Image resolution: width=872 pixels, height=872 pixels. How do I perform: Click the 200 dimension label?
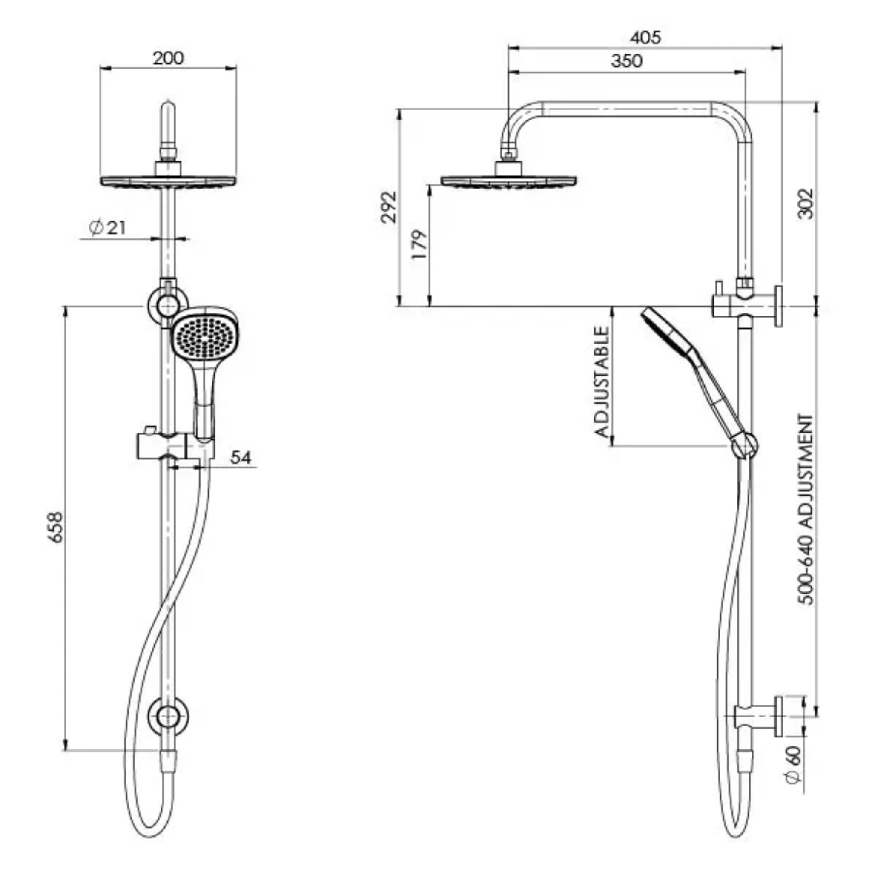(168, 58)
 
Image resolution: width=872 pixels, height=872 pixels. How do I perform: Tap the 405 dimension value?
(645, 37)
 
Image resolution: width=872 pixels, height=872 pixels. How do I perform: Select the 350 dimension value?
(626, 61)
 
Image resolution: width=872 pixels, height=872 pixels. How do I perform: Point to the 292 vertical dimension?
(389, 207)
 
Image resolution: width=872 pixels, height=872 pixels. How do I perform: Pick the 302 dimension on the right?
(805, 204)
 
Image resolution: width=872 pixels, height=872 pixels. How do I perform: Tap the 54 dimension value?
(240, 458)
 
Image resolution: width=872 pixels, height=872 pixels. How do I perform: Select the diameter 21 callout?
(108, 227)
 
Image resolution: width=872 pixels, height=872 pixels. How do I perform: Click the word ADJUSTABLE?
(602, 382)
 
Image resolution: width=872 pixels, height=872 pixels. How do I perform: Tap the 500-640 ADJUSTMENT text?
(806, 510)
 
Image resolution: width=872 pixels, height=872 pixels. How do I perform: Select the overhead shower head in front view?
(168, 181)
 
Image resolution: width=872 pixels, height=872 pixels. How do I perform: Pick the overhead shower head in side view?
(508, 181)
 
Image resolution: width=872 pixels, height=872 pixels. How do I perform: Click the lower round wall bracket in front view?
(168, 717)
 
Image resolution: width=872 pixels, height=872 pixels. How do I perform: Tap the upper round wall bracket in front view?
(168, 306)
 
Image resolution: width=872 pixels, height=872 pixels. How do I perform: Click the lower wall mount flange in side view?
(779, 717)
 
